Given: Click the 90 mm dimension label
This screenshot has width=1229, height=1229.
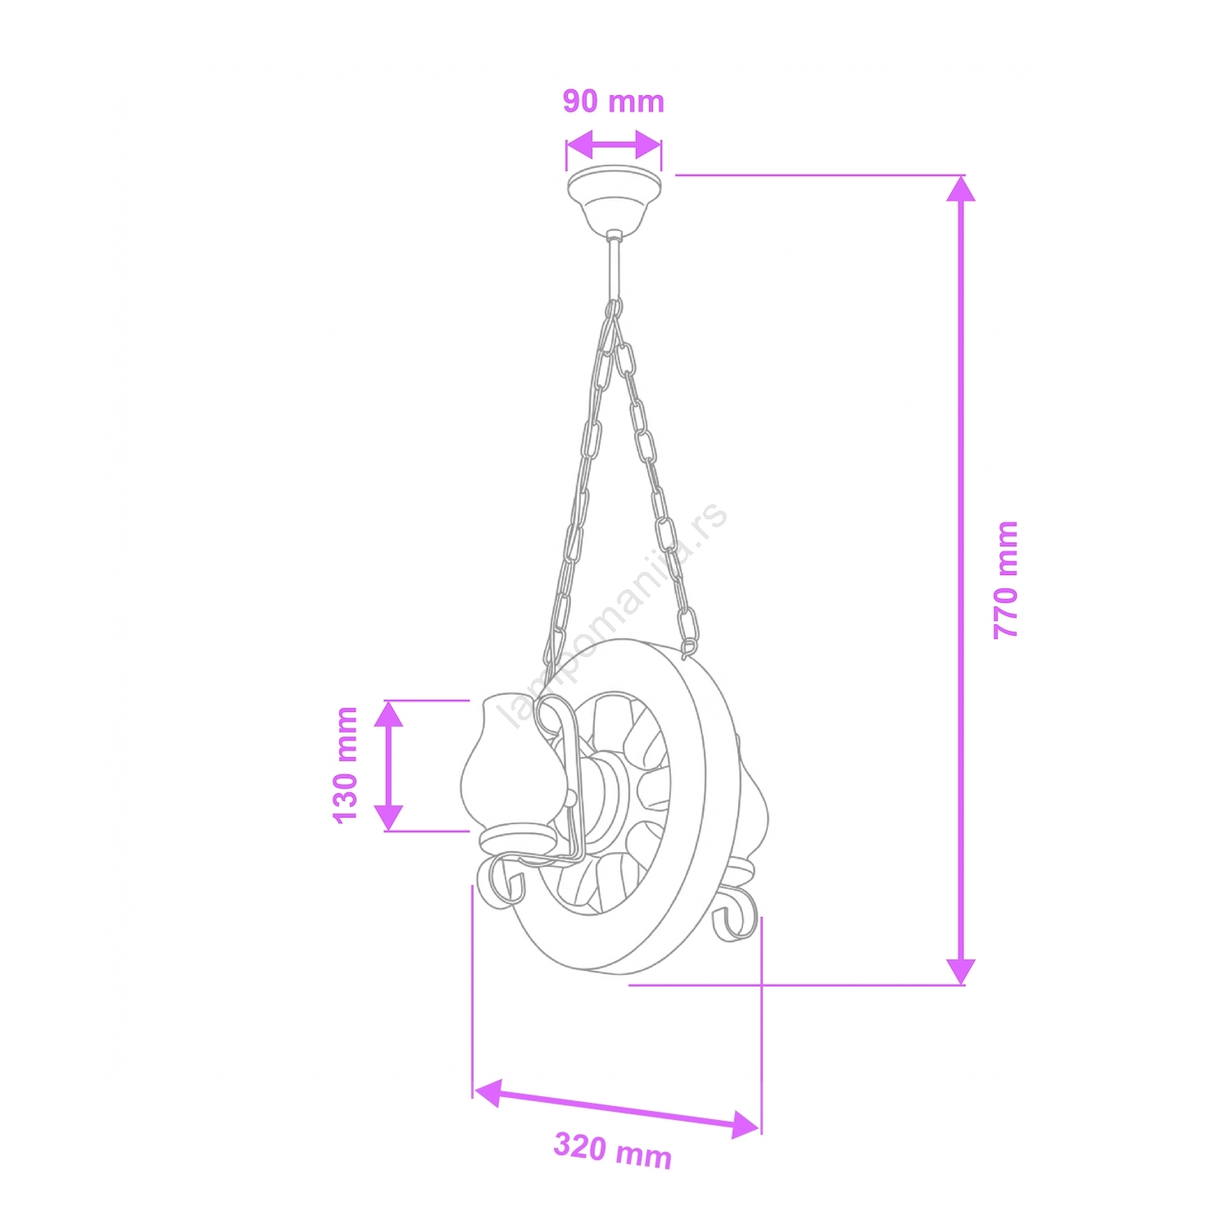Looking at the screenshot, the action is [x=613, y=101].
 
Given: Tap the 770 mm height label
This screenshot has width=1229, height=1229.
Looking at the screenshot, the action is [x=1005, y=579].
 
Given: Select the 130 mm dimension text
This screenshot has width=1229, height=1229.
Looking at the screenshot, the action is [x=346, y=764].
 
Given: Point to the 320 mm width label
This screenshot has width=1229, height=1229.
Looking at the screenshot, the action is [x=613, y=1150].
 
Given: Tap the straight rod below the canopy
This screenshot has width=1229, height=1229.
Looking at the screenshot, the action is [x=614, y=268].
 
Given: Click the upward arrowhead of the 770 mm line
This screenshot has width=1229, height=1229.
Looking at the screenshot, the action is [x=961, y=188].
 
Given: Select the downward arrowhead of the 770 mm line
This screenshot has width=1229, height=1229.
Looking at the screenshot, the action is [x=961, y=971].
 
